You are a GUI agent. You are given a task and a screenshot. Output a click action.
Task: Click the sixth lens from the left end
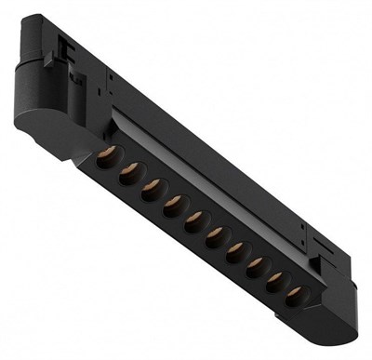[x=215, y=233]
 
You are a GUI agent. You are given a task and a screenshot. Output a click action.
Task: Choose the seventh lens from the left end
[x=236, y=248]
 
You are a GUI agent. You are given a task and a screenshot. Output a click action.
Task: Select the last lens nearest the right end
[x=295, y=294]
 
